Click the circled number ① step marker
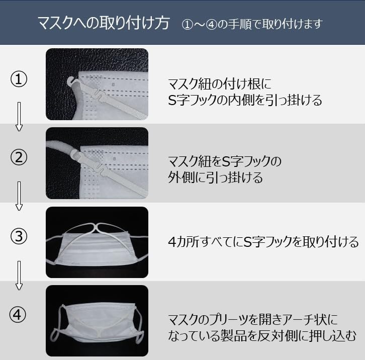pyautogui.click(x=19, y=79)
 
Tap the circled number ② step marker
pyautogui.click(x=19, y=157)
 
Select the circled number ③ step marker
pyautogui.click(x=19, y=236)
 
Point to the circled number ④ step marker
pyautogui.click(x=18, y=315)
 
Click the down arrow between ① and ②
pyautogui.click(x=19, y=117)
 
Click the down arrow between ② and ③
pyautogui.click(x=19, y=196)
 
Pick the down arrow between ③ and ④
pyautogui.click(x=19, y=276)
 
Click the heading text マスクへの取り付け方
pyautogui.click(x=104, y=23)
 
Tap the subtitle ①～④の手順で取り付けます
pyautogui.click(x=252, y=24)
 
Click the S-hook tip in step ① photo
pyautogui.click(x=71, y=81)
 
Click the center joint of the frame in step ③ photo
pyautogui.click(x=97, y=226)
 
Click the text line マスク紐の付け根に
pyautogui.click(x=220, y=84)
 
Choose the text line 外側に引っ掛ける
pyautogui.click(x=215, y=177)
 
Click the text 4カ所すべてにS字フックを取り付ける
pyautogui.click(x=263, y=241)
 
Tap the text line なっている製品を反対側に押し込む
pyautogui.click(x=262, y=335)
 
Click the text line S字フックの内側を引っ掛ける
pyautogui.click(x=245, y=100)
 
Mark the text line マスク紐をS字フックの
pyautogui.click(x=225, y=161)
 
